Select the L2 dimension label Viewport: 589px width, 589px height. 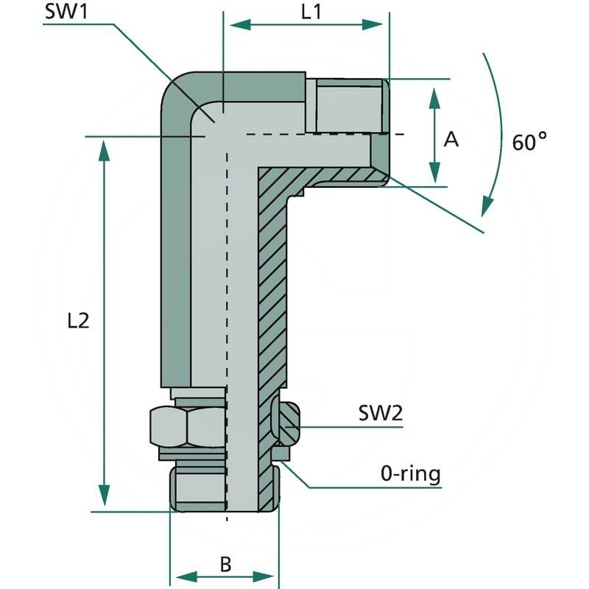pyautogui.click(x=77, y=320)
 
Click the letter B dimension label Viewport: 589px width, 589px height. pyautogui.click(x=225, y=565)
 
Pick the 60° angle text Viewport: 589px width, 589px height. pyautogui.click(x=530, y=141)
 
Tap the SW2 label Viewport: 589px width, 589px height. pyautogui.click(x=381, y=413)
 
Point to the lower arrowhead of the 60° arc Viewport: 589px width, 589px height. pyautogui.click(x=487, y=206)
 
